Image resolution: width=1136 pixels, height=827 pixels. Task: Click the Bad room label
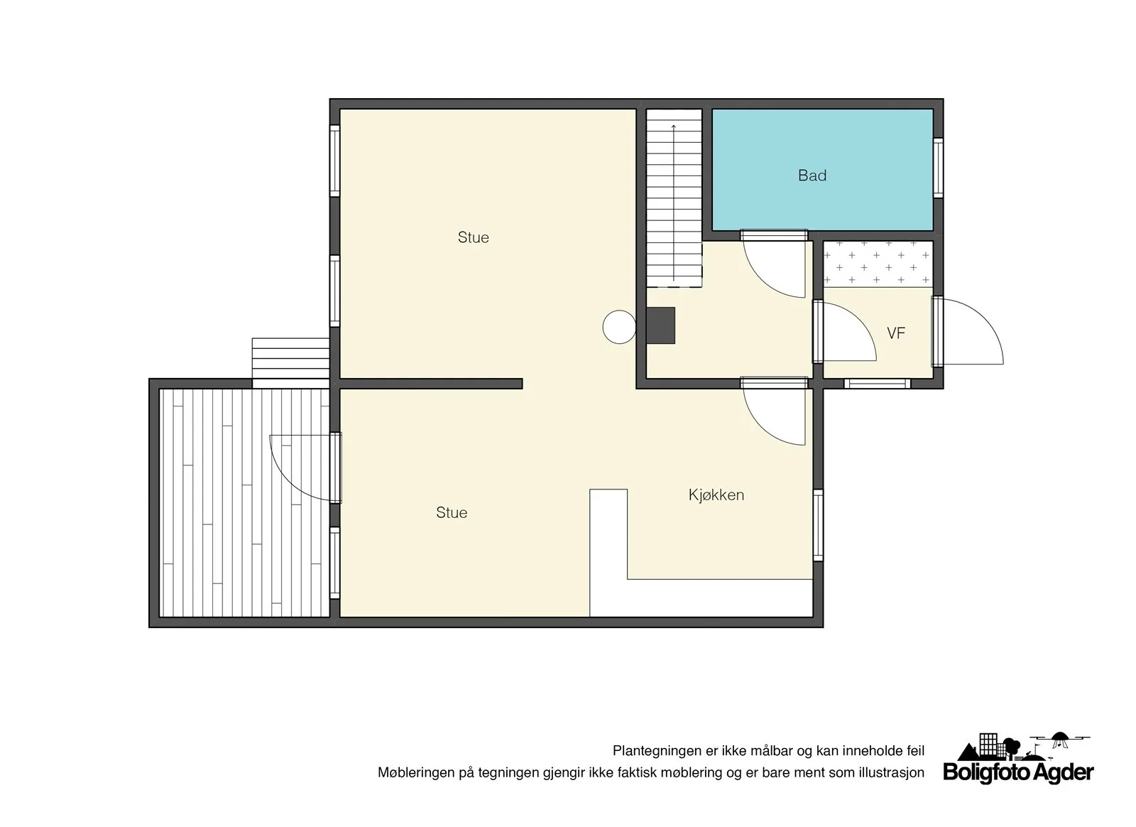point(812,175)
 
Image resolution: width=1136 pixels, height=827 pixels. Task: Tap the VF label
point(895,333)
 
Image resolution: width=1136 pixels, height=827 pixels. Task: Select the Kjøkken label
point(716,494)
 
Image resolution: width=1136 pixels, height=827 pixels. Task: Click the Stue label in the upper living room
point(473,237)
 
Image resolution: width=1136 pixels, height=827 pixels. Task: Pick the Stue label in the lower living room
point(452,512)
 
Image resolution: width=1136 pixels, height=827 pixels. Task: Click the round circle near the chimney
point(619,328)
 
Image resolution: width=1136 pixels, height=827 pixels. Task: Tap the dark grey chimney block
point(660,325)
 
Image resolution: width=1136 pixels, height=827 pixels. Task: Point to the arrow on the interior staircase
point(674,202)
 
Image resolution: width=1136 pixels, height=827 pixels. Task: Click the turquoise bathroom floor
point(822,170)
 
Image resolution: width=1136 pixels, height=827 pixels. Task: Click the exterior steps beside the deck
point(290,358)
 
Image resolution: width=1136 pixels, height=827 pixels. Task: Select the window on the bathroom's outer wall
point(938,168)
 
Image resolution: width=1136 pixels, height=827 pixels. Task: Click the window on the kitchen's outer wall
point(818,525)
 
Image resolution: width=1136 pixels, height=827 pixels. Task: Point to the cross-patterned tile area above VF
point(878,264)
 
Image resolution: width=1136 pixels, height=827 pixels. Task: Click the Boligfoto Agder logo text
point(1018,772)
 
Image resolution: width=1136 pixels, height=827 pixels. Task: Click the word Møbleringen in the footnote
point(416,773)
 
